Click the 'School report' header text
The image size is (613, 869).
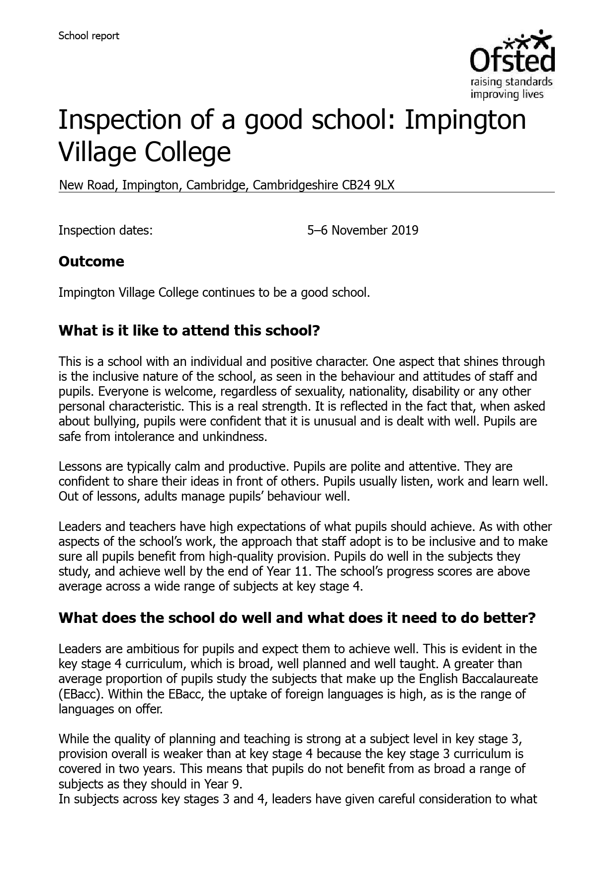point(88,36)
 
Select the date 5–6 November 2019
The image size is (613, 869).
point(362,230)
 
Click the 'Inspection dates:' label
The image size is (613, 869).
point(105,230)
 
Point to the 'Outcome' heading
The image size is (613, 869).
point(91,261)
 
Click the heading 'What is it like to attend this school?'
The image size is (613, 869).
point(189,331)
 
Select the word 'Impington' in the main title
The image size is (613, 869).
point(464,120)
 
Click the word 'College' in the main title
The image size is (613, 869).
point(187,152)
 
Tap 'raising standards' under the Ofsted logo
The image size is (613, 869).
point(511,82)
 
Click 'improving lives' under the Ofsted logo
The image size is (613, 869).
point(507,94)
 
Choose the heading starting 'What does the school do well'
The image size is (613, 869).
point(297,618)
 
